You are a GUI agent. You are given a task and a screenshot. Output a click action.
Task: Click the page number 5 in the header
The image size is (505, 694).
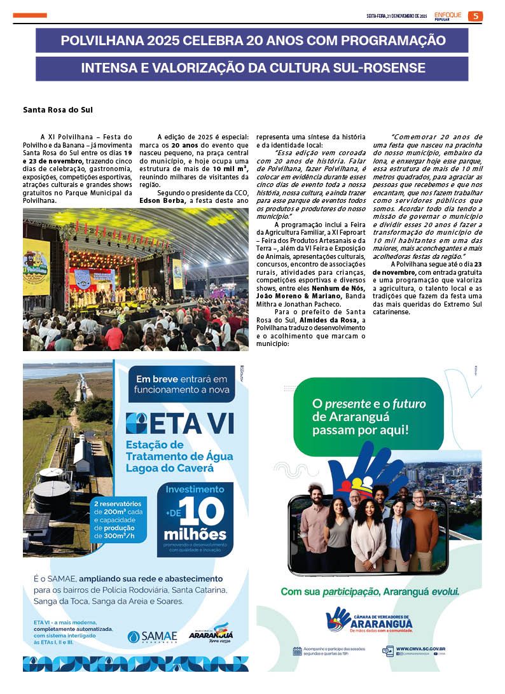(x=475, y=16)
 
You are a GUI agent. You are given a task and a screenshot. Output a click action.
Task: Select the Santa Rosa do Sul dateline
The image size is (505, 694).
(x=58, y=110)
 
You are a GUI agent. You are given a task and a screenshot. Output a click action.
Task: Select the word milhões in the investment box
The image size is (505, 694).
(x=195, y=533)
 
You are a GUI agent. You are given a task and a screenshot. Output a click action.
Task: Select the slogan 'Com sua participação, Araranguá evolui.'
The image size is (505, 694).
(x=370, y=592)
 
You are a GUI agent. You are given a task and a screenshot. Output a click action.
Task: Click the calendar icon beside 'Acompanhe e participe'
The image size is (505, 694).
(x=297, y=651)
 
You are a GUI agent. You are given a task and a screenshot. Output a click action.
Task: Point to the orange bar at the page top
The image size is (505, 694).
(x=29, y=15)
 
